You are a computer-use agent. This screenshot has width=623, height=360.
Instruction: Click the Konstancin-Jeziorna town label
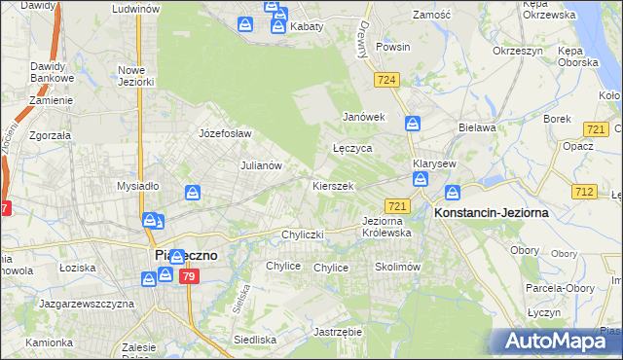(x=492, y=211)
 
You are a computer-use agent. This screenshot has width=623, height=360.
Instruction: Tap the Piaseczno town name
(x=187, y=255)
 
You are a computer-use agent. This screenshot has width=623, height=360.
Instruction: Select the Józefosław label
(x=225, y=133)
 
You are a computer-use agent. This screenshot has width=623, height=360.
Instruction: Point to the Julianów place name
(x=261, y=165)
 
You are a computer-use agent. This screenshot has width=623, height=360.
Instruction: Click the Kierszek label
(x=333, y=185)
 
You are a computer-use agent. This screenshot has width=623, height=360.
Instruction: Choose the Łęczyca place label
(x=352, y=149)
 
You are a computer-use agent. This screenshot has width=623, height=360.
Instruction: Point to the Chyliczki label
(x=302, y=234)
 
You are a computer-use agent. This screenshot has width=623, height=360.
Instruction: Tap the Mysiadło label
(x=137, y=186)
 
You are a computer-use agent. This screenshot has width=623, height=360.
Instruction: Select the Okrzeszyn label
(x=516, y=50)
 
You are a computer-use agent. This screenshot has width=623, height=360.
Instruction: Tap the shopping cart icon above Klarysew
(x=413, y=124)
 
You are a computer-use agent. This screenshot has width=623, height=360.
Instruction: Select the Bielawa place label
(x=477, y=127)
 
